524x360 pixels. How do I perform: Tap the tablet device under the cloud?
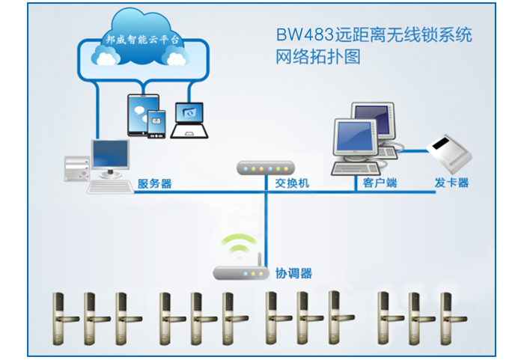140,114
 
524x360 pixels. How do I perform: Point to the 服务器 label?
155,183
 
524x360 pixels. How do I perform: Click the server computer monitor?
110,156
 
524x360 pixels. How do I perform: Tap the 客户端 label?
380,183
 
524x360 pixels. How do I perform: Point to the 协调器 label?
293,273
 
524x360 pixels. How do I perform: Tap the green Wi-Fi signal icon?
241,245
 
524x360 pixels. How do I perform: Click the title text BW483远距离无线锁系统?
374,35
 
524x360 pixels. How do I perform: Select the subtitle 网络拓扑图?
318,57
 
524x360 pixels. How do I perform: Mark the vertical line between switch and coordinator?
266,225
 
